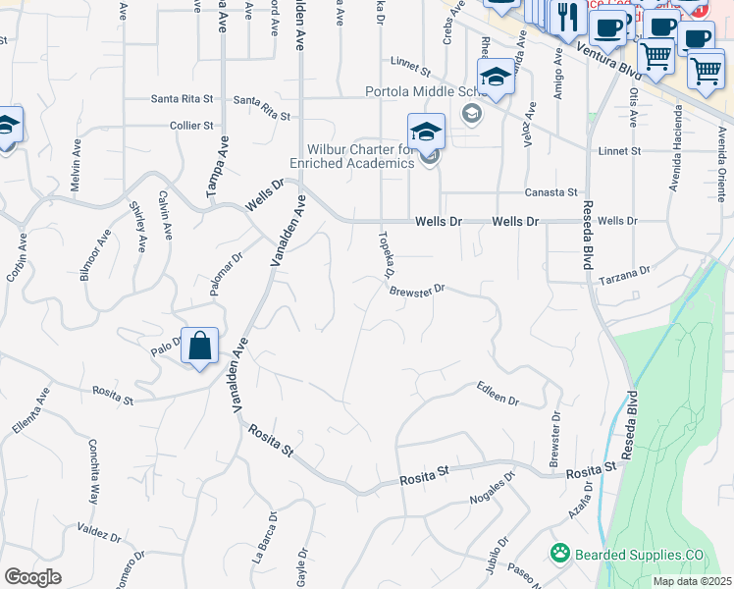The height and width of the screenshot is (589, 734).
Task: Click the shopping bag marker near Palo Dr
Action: [199, 347]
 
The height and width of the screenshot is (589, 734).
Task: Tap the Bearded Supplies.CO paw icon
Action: [560, 554]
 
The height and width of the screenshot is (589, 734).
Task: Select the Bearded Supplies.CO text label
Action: [640, 555]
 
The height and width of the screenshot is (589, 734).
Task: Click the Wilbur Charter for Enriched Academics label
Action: [352, 156]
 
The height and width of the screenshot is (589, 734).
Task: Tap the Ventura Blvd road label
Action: [608, 61]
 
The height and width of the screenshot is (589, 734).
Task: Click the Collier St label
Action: [191, 126]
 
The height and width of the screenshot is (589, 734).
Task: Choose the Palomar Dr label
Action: [226, 275]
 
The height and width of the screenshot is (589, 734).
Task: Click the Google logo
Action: [32, 577]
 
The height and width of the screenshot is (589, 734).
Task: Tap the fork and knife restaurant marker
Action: [568, 16]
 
